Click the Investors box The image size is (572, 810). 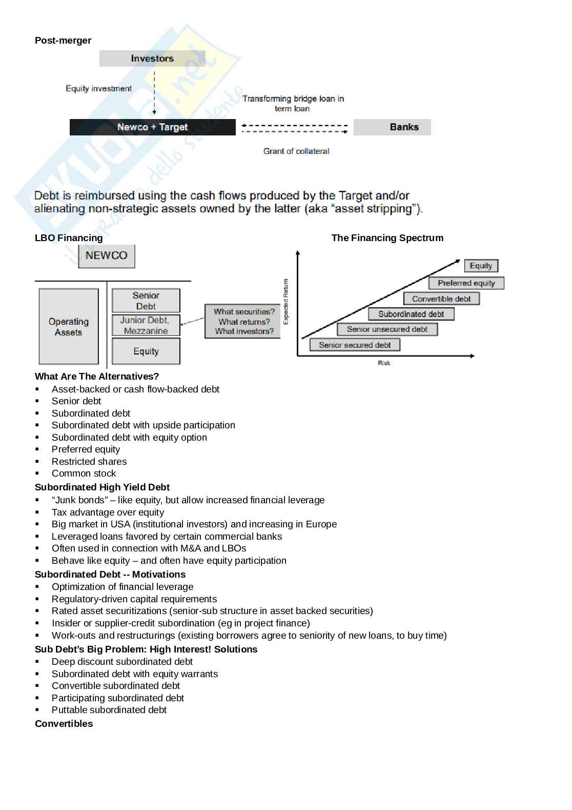click(x=152, y=58)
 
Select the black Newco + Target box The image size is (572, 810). click(x=152, y=127)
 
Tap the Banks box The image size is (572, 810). click(x=392, y=127)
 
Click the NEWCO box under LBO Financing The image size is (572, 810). click(x=107, y=256)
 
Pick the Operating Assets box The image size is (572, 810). click(x=69, y=327)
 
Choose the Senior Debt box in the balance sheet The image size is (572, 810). click(x=146, y=301)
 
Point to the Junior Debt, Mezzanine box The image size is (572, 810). click(x=146, y=325)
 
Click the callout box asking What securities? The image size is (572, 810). click(x=243, y=321)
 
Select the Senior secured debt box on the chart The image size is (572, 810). click(x=355, y=345)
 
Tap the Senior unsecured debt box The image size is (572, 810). click(x=387, y=329)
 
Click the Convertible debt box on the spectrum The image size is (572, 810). click(x=441, y=299)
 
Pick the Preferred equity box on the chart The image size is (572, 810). click(x=466, y=283)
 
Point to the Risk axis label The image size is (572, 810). click(x=384, y=363)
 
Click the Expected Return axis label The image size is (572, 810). click(x=286, y=302)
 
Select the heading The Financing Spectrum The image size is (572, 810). click(x=387, y=238)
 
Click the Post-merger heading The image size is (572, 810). click(x=63, y=41)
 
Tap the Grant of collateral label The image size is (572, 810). click(x=296, y=151)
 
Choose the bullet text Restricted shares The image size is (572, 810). click(x=89, y=462)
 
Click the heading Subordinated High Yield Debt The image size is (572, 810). click(x=102, y=487)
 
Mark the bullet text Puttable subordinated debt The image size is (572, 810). click(x=109, y=710)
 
